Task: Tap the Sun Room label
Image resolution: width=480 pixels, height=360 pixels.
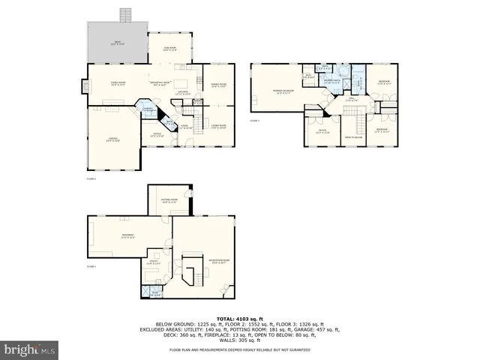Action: click(170, 49)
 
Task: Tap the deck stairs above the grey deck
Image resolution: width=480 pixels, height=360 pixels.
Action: click(124, 15)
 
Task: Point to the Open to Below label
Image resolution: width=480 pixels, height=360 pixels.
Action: click(354, 137)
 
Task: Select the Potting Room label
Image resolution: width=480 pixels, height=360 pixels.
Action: click(168, 201)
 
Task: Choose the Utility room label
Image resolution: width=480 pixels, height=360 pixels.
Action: click(154, 262)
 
